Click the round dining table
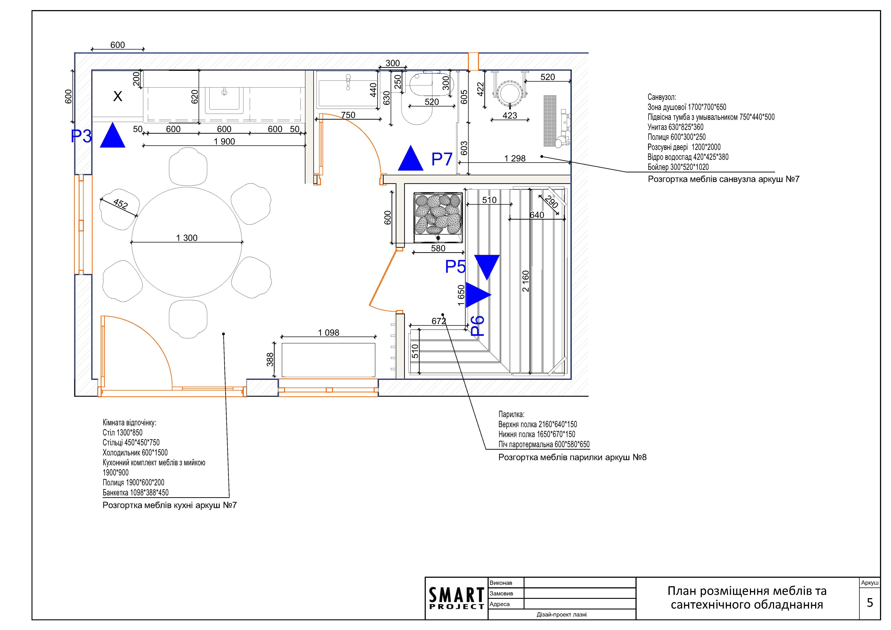(187, 264)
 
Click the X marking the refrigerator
(118, 96)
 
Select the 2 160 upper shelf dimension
(525, 281)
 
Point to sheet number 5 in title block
(870, 602)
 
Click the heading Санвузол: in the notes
(662, 97)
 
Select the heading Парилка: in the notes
(511, 414)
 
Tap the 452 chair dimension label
(120, 204)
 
